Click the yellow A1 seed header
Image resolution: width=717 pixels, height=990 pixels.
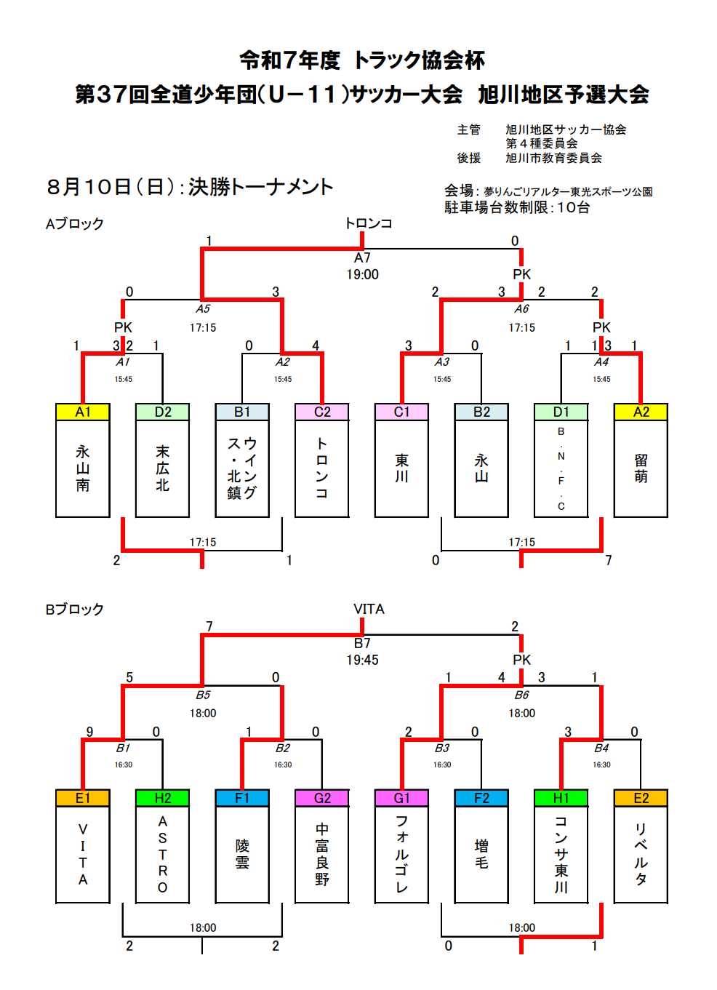tap(83, 412)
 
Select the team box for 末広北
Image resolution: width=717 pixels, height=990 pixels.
tap(163, 468)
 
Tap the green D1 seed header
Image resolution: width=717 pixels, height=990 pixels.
tap(561, 412)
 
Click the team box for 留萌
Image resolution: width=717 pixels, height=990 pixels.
tap(641, 468)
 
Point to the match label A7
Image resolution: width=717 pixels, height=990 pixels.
tap(362, 258)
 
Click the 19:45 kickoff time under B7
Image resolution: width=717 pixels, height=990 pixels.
tap(362, 660)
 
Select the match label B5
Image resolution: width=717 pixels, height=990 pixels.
tap(203, 695)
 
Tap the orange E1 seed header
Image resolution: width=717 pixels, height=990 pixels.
tap(83, 798)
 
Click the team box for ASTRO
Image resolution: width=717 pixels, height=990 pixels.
tap(163, 854)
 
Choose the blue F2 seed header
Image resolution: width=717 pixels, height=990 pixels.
tap(481, 798)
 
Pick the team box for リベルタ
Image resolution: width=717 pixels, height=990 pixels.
tap(641, 854)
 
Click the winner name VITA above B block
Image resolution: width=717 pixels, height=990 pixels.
tap(369, 609)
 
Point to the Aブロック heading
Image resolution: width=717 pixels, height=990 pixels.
tap(75, 223)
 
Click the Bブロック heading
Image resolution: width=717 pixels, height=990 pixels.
tap(75, 610)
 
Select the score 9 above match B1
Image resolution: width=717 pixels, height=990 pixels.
tap(89, 732)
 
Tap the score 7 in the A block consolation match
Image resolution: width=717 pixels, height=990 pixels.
tap(609, 560)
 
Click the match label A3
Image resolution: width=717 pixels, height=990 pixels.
tap(442, 362)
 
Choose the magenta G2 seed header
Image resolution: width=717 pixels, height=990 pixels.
tap(322, 798)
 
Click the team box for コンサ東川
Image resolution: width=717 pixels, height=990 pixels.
tap(561, 854)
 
